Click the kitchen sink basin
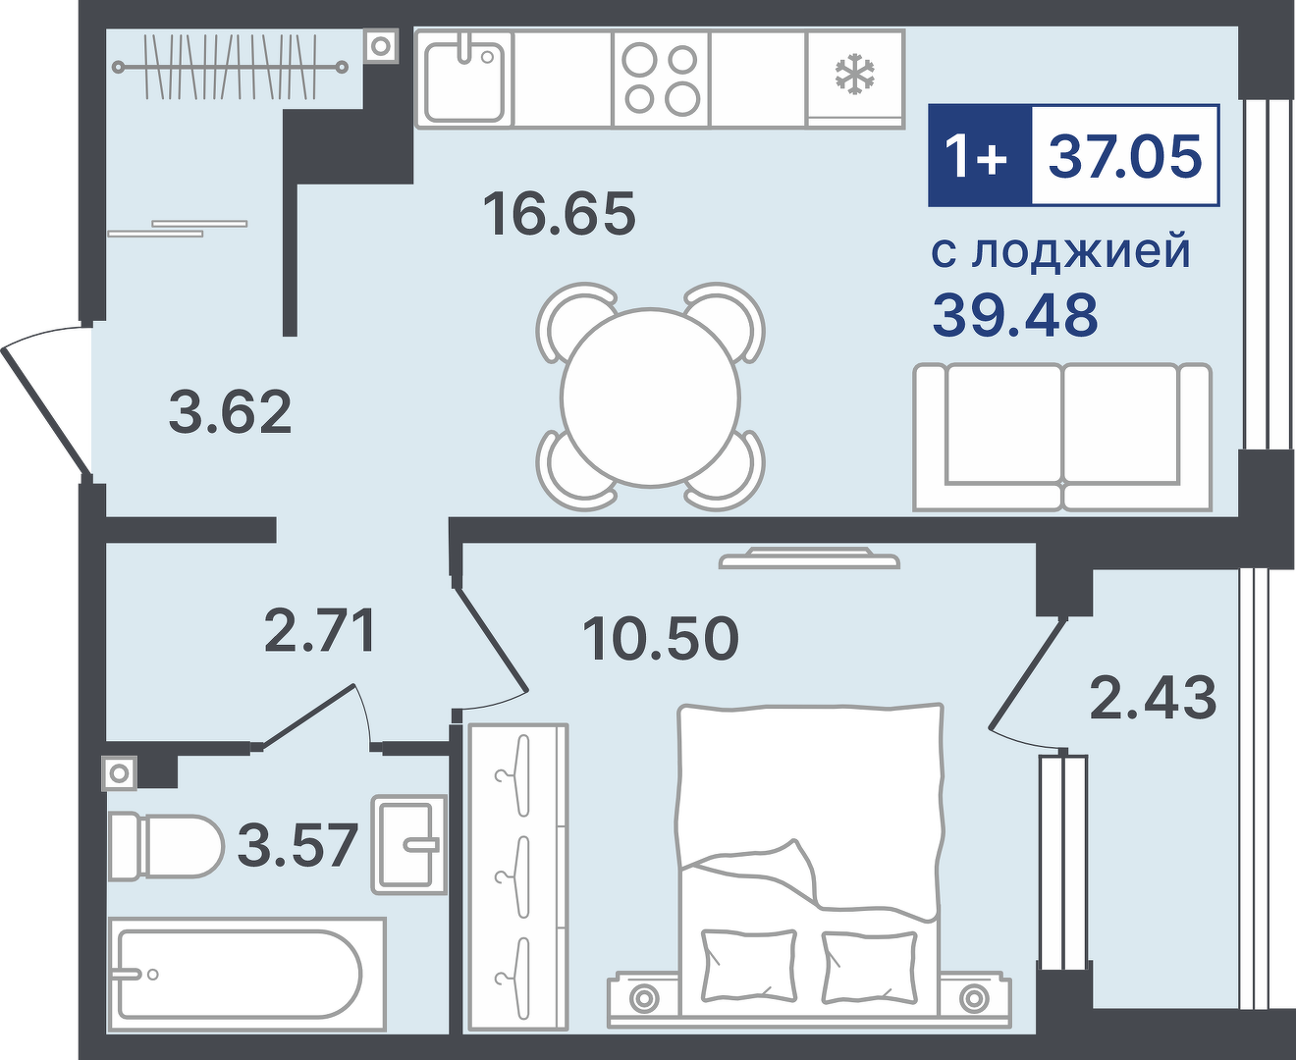coord(464,84)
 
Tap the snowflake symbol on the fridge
coord(855,75)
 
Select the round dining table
coord(650,397)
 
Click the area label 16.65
coord(560,214)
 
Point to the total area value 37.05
coord(1124,156)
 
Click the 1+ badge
coord(980,156)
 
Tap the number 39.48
coord(1015,315)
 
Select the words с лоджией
coord(1061,251)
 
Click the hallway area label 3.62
coord(230,412)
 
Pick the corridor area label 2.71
coord(319,630)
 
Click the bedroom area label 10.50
coord(661,639)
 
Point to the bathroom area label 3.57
coord(297,845)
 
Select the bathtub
coord(247,974)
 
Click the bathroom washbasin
coord(409,844)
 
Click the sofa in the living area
coord(1062,437)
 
